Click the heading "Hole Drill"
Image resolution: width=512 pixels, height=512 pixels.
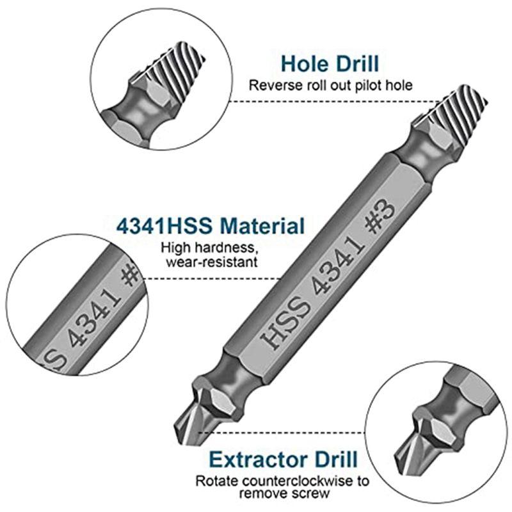tap(330, 63)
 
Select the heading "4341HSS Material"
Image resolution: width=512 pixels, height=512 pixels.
tap(211, 226)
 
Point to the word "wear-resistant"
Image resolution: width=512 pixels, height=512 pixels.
tap(212, 262)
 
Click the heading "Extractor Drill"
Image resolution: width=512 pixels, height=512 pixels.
tap(283, 460)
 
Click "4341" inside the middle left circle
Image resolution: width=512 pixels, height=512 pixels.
tap(95, 318)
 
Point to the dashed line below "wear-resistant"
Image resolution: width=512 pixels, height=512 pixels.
tap(212, 278)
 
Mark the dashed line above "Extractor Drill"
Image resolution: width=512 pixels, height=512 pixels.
tap(282, 433)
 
